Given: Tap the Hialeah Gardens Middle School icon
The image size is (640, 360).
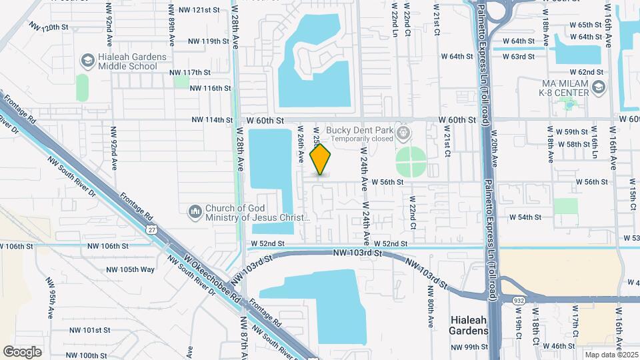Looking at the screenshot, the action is point(87,61).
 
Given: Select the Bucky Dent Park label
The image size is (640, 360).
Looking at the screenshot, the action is point(359,130).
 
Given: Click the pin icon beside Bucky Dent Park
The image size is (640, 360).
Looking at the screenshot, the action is point(403,133).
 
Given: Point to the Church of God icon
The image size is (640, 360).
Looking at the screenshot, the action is point(195,212).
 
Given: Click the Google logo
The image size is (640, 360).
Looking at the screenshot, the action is point(22,351).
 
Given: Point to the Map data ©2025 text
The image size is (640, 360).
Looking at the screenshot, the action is point(611,355).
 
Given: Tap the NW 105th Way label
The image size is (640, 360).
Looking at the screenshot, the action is point(131,269).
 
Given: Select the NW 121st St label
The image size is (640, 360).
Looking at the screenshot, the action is point(195,10).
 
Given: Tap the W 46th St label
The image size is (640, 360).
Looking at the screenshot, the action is point(559,346).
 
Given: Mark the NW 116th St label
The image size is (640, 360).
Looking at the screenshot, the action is point(210,88).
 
